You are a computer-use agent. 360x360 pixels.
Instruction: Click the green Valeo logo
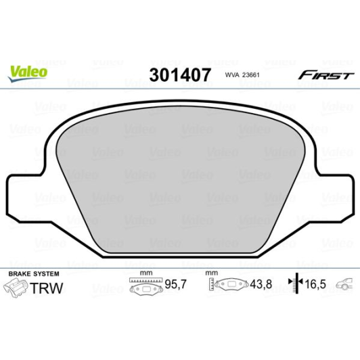click(28, 73)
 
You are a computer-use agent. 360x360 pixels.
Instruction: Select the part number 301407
click(180, 75)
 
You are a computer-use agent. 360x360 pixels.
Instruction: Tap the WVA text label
click(232, 75)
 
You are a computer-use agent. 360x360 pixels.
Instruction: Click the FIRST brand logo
click(326, 75)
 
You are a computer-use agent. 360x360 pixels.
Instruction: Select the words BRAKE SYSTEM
click(34, 273)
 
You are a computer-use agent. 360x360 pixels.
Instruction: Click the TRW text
click(46, 288)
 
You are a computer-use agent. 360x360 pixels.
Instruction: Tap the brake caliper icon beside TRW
click(16, 288)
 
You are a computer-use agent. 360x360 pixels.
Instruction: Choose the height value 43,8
click(261, 284)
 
